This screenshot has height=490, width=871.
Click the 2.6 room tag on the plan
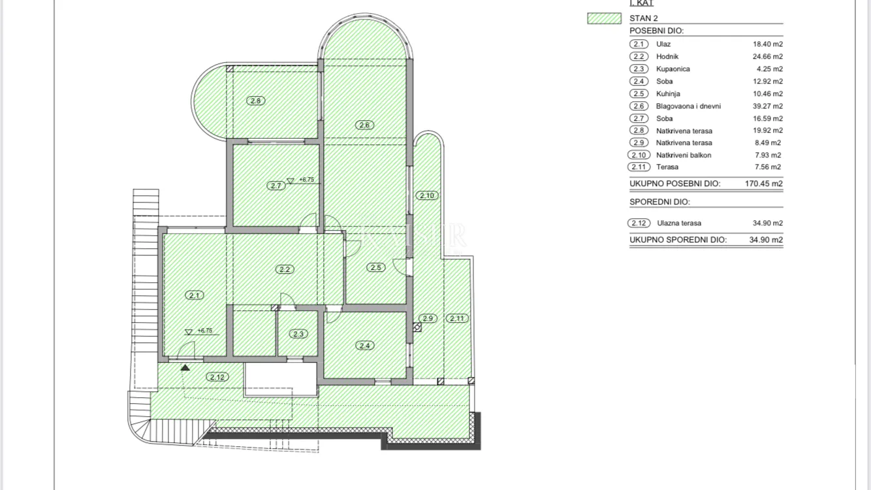coord(364,125)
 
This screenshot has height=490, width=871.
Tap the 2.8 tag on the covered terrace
coord(255,101)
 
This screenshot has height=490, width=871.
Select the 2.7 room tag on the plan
coord(276,186)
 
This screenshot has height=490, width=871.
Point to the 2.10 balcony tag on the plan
coord(427,195)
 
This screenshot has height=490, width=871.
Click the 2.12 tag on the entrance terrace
coord(217,377)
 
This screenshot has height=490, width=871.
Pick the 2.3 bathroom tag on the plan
coord(298,334)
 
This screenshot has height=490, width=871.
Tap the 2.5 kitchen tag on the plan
coord(375,267)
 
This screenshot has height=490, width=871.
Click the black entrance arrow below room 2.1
coord(185,367)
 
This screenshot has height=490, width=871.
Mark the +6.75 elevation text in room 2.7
coord(306,180)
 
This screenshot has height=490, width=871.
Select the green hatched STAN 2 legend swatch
coord(604,18)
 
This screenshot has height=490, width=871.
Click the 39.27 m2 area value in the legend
coord(768,106)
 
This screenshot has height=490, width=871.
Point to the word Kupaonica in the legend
coord(673,69)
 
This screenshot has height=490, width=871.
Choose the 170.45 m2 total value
coord(764,184)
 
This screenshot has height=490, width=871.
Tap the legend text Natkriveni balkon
coord(684,155)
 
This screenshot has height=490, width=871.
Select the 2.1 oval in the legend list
coord(639,44)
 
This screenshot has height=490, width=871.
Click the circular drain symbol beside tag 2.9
coord(417,327)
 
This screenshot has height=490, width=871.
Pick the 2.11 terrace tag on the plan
coord(457,318)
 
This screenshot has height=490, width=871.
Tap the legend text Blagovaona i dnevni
coord(688,106)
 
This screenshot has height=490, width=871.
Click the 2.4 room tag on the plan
coord(365,345)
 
